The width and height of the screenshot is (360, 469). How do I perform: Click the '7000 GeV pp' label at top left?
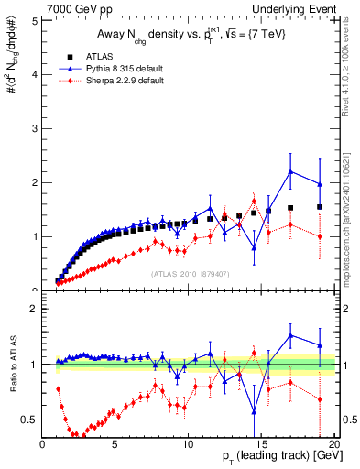73,8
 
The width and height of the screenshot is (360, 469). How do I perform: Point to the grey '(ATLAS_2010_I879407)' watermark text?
190,272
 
